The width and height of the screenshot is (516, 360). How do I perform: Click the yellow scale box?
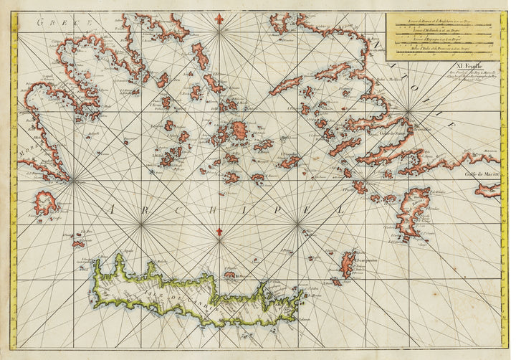[443, 37]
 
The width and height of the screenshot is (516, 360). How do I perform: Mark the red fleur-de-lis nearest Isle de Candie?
[219, 232]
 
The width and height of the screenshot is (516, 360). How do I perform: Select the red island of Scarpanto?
[349, 263]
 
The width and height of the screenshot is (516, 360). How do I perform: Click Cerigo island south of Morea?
[44, 203]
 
